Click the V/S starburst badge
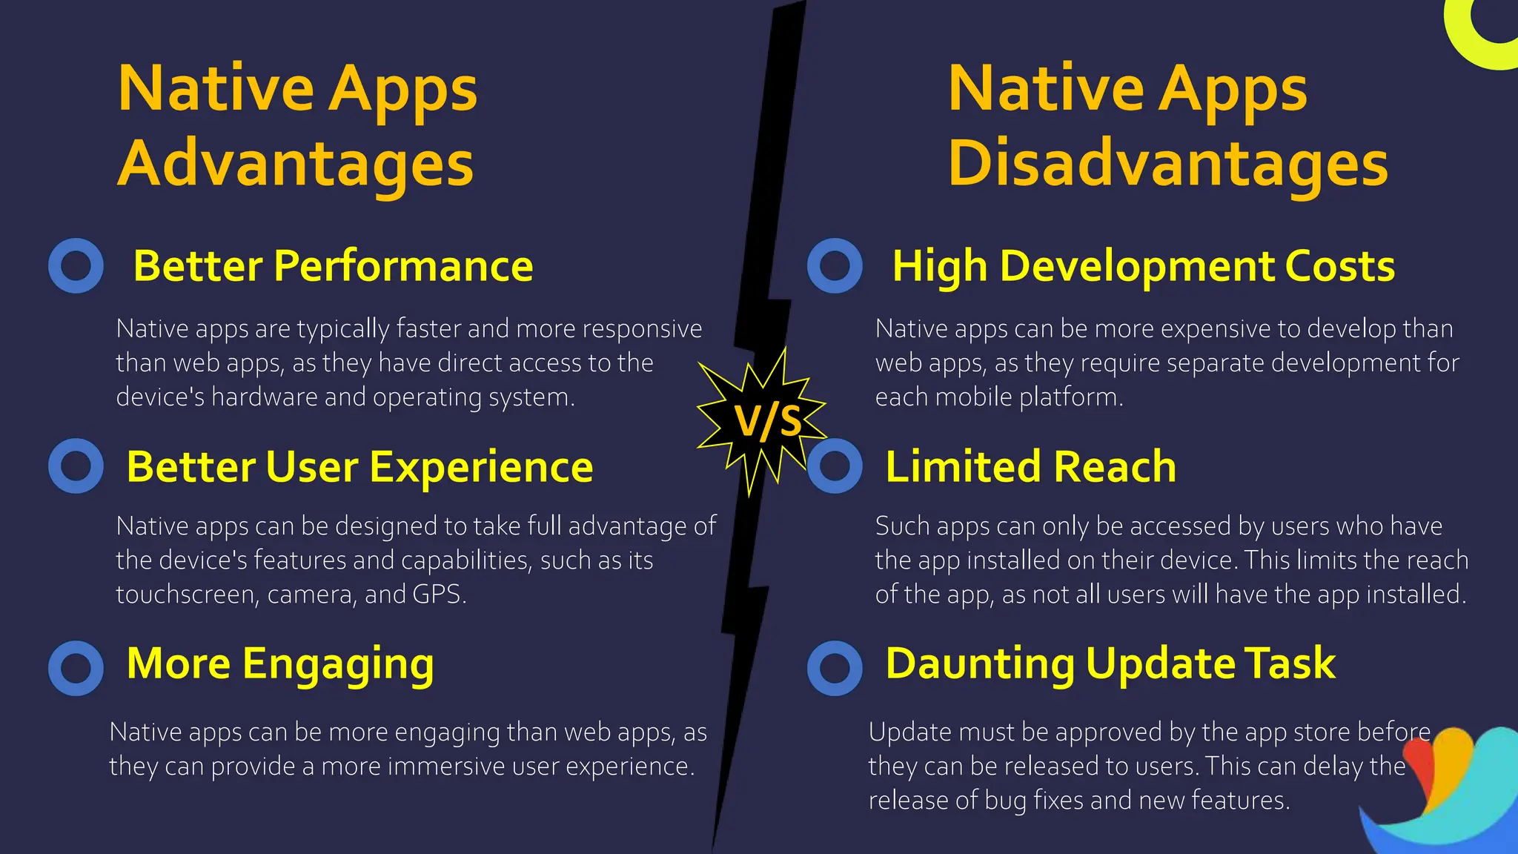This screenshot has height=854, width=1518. click(763, 421)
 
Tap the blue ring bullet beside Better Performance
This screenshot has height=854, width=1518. click(76, 265)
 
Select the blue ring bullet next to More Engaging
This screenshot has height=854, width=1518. click(76, 668)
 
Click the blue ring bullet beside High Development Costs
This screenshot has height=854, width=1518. click(835, 265)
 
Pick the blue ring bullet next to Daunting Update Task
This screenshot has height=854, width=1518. click(835, 668)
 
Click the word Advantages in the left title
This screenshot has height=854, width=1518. click(295, 165)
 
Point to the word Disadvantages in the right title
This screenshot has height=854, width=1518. click(1167, 165)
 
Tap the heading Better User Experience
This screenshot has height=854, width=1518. click(359, 467)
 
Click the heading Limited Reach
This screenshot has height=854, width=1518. click(1030, 467)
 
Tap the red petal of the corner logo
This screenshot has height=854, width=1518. click(1419, 771)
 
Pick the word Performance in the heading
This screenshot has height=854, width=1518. click(403, 266)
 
